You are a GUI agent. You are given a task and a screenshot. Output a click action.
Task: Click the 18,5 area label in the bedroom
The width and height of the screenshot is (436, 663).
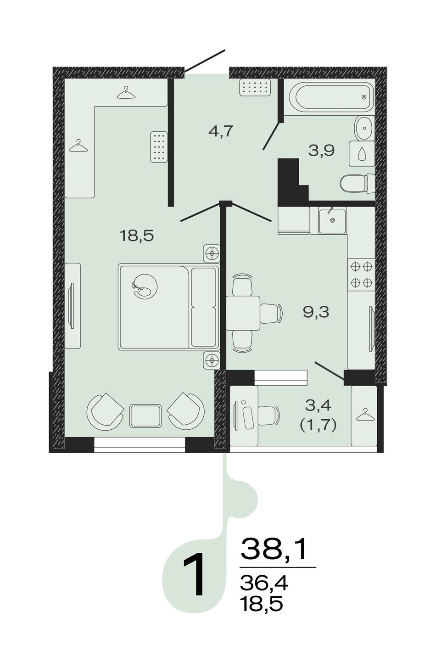(137, 236)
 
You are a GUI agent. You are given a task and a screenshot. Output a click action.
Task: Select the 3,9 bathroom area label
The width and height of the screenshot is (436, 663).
(321, 151)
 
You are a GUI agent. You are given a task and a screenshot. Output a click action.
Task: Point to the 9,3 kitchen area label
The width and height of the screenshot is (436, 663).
(316, 312)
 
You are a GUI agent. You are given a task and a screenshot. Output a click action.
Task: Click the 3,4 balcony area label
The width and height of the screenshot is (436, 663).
(318, 405)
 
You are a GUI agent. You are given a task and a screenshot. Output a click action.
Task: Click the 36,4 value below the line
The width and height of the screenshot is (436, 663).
(264, 584)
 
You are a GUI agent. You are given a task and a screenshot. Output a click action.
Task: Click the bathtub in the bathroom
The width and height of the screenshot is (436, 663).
(330, 97)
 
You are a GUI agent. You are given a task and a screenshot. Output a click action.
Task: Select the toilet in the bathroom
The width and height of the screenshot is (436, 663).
(357, 184)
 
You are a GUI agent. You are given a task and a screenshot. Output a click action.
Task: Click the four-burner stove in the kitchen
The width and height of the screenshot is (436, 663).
(362, 275)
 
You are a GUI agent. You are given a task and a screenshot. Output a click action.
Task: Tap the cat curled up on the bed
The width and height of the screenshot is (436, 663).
(145, 286)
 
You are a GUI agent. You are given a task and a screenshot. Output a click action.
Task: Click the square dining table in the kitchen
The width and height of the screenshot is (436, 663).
(243, 313)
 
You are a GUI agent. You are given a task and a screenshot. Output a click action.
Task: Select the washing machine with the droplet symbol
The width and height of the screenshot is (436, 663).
(362, 154)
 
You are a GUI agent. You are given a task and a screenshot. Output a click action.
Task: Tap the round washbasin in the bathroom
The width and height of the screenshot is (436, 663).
(364, 128)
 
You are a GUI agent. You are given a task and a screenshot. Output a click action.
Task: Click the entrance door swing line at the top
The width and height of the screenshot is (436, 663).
(205, 61)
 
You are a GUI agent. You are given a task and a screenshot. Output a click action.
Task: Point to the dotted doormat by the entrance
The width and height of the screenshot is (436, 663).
(255, 88)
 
